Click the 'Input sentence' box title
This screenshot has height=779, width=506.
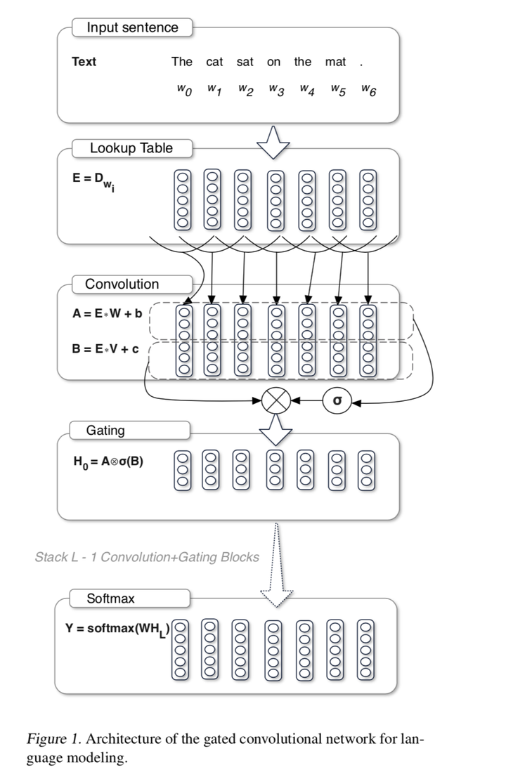[132, 28]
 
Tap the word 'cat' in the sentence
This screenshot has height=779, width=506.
[214, 62]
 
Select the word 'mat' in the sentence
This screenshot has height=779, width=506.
[335, 62]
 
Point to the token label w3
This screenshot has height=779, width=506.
[275, 91]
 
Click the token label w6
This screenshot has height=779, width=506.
[368, 91]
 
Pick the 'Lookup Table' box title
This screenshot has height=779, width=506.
[131, 148]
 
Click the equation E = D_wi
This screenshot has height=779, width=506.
[93, 181]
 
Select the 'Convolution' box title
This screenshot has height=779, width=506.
[122, 284]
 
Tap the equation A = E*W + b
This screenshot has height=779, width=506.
[107, 314]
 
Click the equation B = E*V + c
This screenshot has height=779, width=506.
[105, 348]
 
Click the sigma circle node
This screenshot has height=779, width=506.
[337, 401]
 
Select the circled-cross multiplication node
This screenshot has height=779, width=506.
[275, 402]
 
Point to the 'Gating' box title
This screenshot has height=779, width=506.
[105, 431]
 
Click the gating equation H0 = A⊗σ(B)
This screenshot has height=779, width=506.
[108, 462]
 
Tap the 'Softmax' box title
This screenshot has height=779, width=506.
[110, 599]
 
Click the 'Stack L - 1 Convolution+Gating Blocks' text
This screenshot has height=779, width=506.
[147, 557]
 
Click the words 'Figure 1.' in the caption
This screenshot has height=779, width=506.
[51, 739]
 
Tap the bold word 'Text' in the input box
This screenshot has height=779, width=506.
[84, 62]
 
